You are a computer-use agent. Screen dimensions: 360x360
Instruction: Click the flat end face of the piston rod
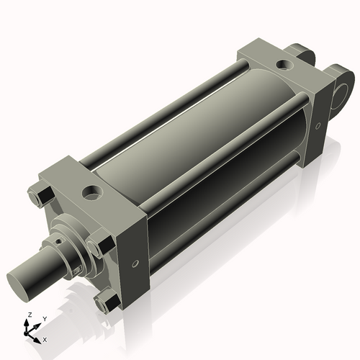[x=19, y=277]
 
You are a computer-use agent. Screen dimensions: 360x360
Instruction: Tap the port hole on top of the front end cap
[x=92, y=192]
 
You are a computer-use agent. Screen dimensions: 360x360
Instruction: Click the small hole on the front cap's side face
[x=134, y=264]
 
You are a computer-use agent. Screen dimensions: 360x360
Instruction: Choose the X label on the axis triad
[x=45, y=338]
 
